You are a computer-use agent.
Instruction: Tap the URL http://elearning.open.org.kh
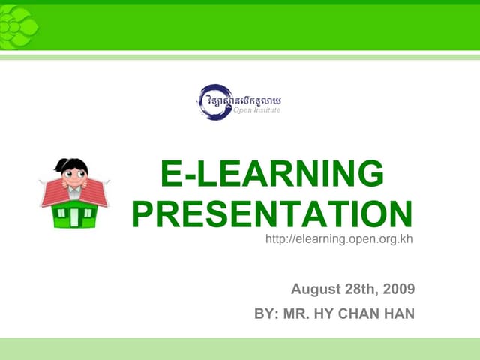(340, 239)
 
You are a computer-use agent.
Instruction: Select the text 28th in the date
(362, 289)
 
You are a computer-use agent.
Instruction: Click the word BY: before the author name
(267, 313)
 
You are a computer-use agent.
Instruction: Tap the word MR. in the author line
(298, 313)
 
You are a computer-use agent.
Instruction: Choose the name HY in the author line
(328, 313)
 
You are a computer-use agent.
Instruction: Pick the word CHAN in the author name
(361, 313)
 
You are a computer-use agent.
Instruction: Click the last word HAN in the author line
(399, 313)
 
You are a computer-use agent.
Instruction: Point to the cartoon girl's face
(73, 177)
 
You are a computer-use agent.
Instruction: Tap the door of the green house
(75, 219)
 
